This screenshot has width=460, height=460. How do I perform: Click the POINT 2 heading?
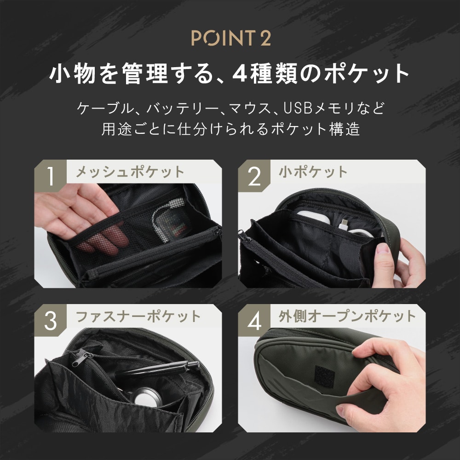pyautogui.click(x=231, y=38)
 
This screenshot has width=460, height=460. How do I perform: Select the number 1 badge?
pyautogui.click(x=51, y=176)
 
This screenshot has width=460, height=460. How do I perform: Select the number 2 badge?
pyautogui.click(x=254, y=176)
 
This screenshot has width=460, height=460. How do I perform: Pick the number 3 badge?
pyautogui.click(x=51, y=320)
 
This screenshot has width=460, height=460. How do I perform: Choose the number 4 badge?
pyautogui.click(x=254, y=320)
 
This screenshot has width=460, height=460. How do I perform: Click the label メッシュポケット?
pyautogui.click(x=130, y=172)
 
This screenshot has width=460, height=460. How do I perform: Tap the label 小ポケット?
pyautogui.click(x=313, y=172)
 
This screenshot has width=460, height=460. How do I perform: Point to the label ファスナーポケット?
pyautogui.click(x=138, y=317)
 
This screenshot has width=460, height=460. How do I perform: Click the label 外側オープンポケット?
pyautogui.click(x=347, y=317)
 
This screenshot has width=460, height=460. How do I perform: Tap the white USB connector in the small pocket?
pyautogui.click(x=344, y=224)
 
